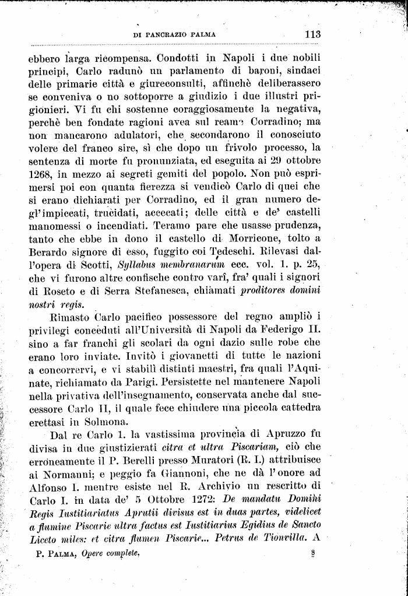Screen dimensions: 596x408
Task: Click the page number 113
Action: pyautogui.click(x=312, y=34)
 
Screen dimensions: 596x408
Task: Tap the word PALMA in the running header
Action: pyautogui.click(x=201, y=34)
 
